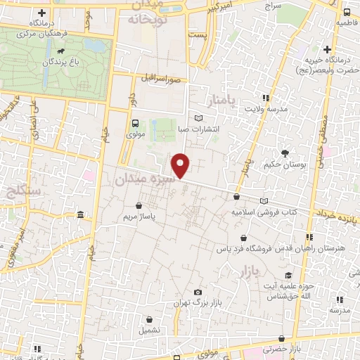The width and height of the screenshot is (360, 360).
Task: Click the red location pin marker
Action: (181, 165)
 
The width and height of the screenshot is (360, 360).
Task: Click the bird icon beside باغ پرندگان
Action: (64, 51)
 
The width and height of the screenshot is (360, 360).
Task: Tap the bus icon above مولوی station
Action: (135, 122)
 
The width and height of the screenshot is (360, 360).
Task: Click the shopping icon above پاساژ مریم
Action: (145, 206)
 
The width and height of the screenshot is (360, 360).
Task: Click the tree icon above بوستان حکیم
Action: (285, 153)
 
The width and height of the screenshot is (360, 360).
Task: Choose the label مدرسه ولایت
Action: (266, 109)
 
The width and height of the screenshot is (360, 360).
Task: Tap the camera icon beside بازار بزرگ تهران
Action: (198, 292)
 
